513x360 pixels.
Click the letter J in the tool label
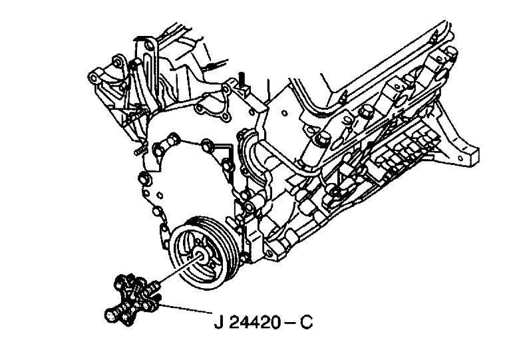[x=218, y=322]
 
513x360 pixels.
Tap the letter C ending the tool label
[x=306, y=322]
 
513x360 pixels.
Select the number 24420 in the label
[x=255, y=322]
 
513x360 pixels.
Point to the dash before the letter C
[x=289, y=323]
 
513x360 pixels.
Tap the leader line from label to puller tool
[x=186, y=309]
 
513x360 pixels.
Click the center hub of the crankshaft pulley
[x=200, y=255]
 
